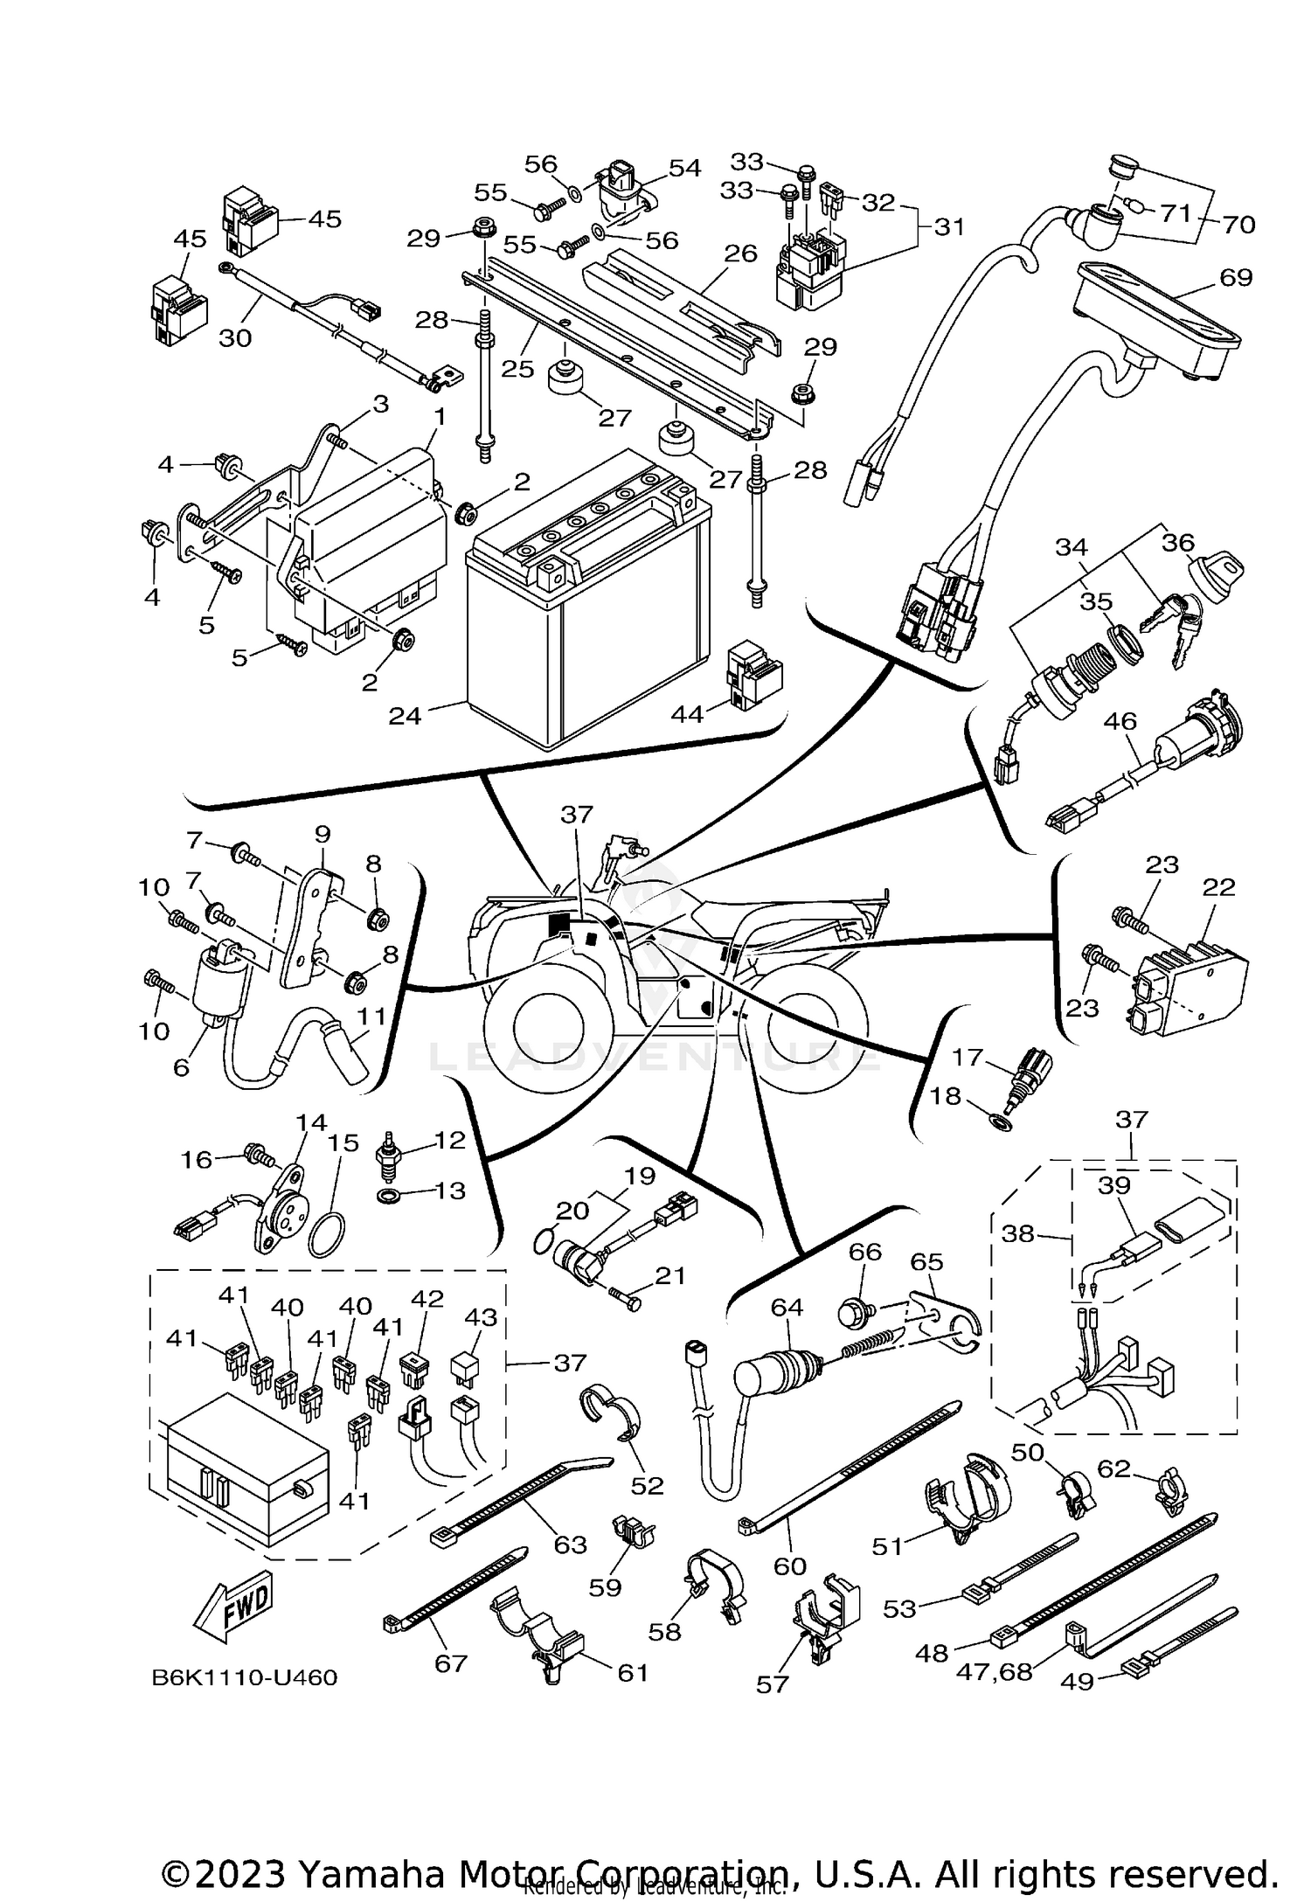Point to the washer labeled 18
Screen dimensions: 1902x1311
coord(1002,1121)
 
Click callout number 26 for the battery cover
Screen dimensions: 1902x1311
coord(741,254)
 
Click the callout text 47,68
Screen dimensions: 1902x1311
coord(994,1671)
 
